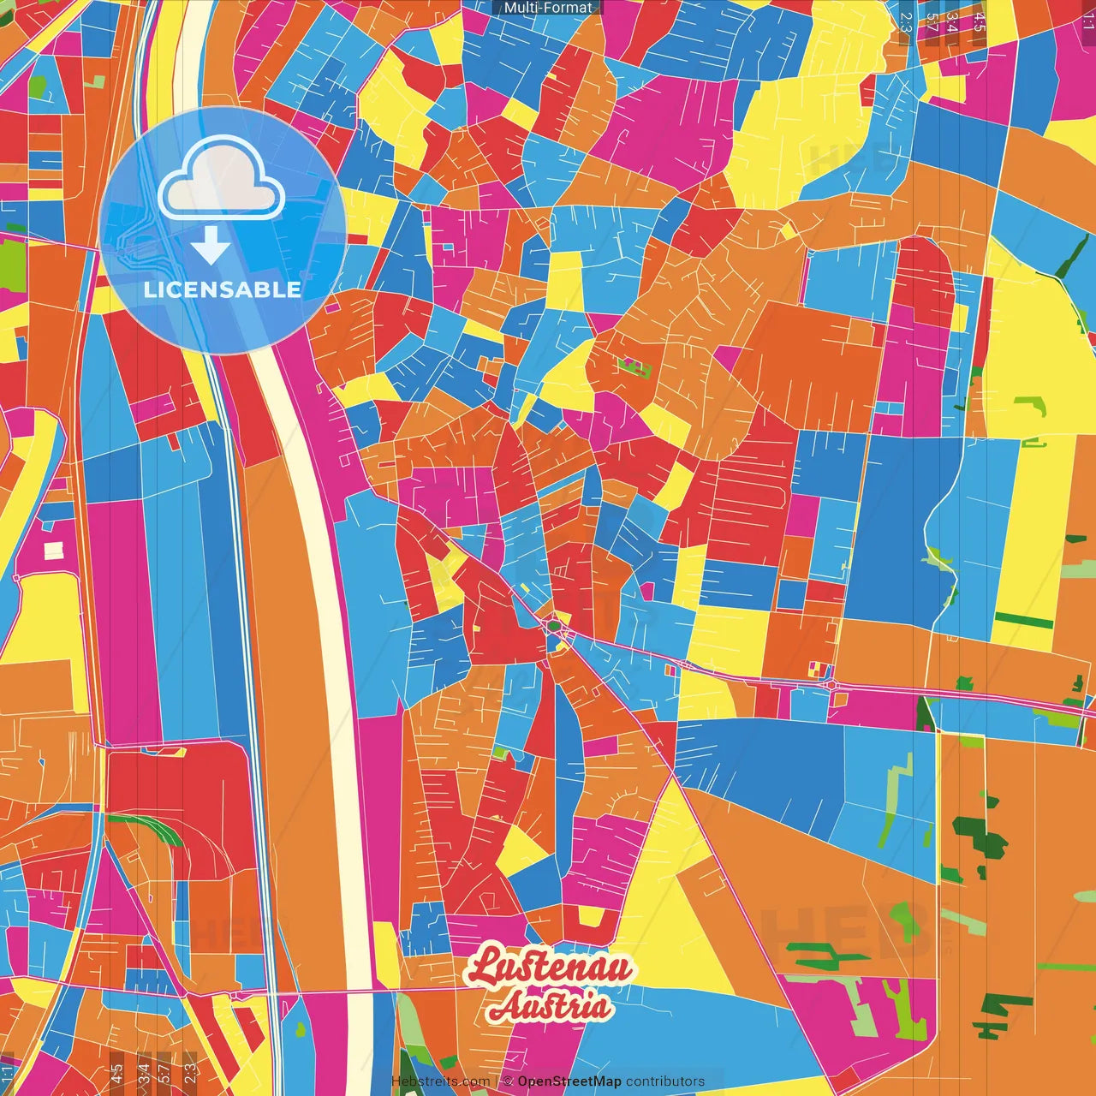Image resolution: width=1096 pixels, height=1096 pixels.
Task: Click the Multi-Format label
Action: (548, 8)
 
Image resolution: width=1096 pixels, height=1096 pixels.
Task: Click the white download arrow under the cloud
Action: (211, 246)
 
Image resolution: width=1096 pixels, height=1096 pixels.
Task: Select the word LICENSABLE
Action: (223, 289)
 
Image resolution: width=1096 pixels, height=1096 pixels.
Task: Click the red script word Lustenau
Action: (550, 967)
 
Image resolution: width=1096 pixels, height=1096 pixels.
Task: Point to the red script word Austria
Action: (550, 1007)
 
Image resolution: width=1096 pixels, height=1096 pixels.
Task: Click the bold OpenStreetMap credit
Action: (569, 1081)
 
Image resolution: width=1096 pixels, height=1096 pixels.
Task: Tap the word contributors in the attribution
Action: (665, 1081)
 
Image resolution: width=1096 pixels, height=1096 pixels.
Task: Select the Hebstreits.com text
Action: (440, 1081)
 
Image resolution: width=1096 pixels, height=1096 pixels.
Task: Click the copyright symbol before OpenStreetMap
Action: (508, 1081)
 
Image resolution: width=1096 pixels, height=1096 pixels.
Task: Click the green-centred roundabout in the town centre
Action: (554, 626)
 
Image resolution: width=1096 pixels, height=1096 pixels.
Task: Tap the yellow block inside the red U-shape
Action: (589, 917)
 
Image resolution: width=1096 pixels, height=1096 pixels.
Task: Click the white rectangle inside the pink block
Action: (53, 551)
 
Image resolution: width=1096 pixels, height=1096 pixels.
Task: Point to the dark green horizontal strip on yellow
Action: (1024, 621)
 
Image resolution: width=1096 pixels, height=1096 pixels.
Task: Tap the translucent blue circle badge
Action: (223, 229)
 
